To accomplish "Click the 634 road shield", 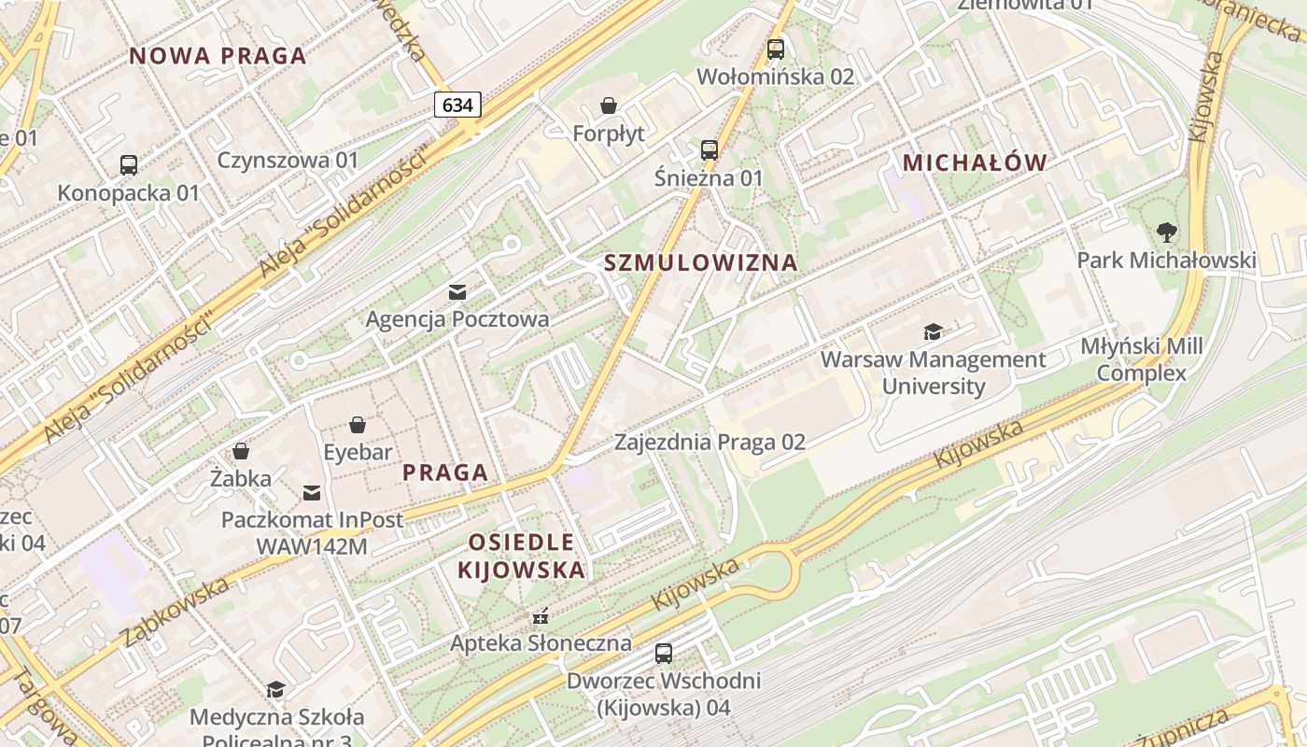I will tap(457, 105).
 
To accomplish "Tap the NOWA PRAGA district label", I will tap(218, 56).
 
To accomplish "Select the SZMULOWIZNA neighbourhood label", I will tap(701, 262).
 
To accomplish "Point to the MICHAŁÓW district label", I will tap(975, 162).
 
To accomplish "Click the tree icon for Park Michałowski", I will tap(1166, 232).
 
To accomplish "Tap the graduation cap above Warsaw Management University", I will tap(933, 331).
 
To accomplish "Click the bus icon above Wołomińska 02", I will tap(776, 49).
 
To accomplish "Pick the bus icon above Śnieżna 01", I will tap(709, 149).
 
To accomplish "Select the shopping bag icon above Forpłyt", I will tap(609, 106).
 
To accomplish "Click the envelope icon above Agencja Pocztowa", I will tap(457, 291).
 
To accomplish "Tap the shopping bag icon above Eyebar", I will tap(358, 426).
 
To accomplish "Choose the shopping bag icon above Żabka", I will tap(241, 452).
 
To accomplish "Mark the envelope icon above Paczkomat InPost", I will tap(312, 492).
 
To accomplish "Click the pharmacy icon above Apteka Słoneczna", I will tap(540, 616).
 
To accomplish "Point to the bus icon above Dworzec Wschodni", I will tap(664, 654).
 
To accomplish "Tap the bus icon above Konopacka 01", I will tap(129, 165).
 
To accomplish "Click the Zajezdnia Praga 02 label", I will tap(710, 442).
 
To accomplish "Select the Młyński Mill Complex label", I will tap(1141, 359).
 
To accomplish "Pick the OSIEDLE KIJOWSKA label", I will tap(521, 556).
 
